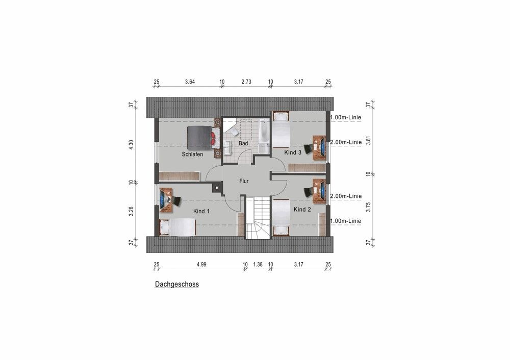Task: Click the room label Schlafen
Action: pyautogui.click(x=192, y=154)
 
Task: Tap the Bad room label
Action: pyautogui.click(x=243, y=143)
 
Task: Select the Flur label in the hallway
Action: pyautogui.click(x=244, y=181)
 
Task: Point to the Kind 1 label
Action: pyautogui.click(x=201, y=212)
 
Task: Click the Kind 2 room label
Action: pyautogui.click(x=302, y=210)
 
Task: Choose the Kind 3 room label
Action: pyautogui.click(x=293, y=152)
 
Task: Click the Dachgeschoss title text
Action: pyautogui.click(x=177, y=284)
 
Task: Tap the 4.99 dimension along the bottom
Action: pyautogui.click(x=201, y=264)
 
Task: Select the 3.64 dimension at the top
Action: pyautogui.click(x=190, y=82)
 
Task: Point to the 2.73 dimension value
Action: pyautogui.click(x=246, y=82)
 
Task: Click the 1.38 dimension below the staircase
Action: pyautogui.click(x=258, y=264)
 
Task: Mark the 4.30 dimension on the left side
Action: pyautogui.click(x=131, y=145)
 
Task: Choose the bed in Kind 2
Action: pyautogui.click(x=281, y=218)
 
